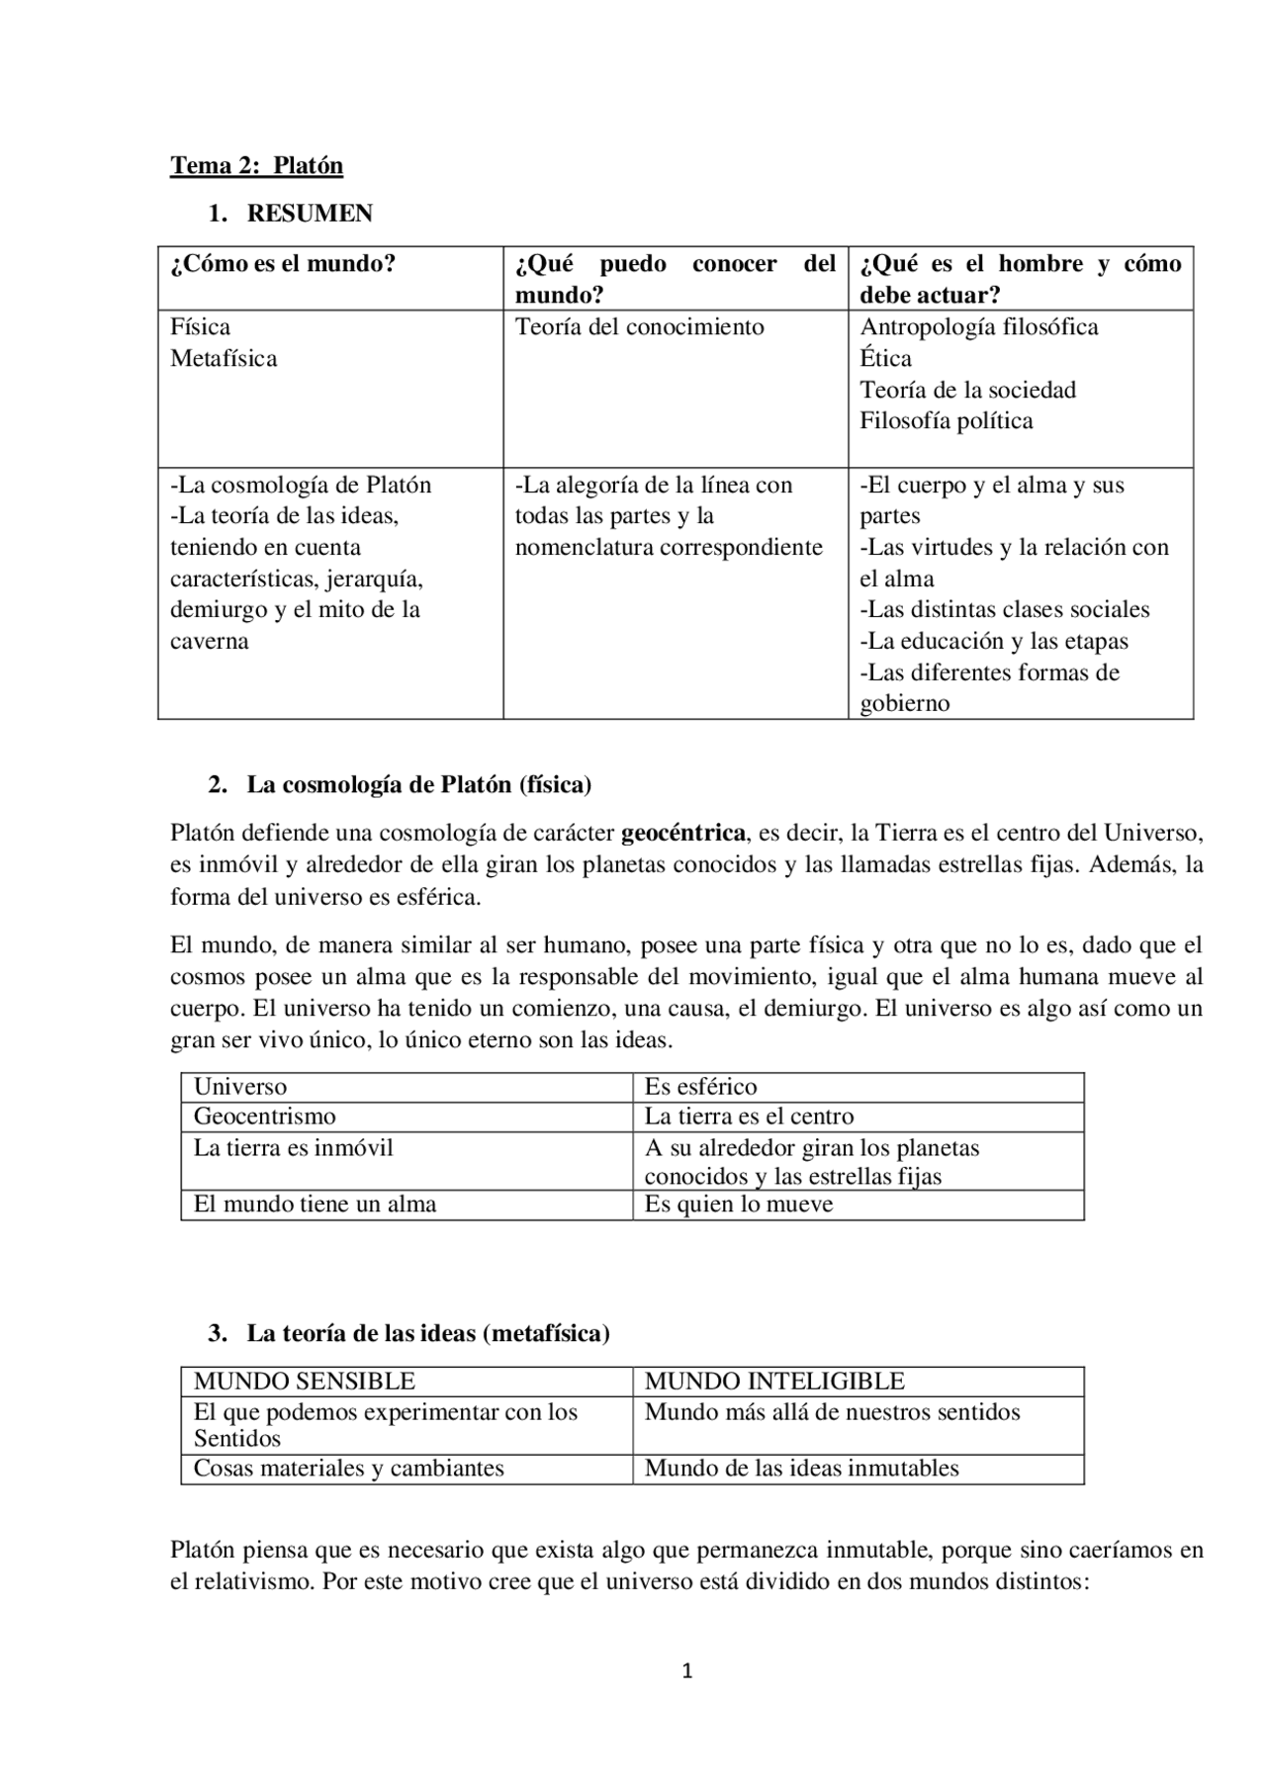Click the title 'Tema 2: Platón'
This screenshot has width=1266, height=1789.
tap(256, 165)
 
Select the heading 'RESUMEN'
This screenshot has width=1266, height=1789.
tap(310, 214)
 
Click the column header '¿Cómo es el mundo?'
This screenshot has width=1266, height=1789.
tap(283, 264)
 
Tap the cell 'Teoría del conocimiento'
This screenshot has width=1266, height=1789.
tap(639, 327)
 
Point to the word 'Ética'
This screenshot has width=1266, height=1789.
tap(885, 359)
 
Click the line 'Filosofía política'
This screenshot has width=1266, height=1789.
tap(946, 421)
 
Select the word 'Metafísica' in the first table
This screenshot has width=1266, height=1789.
tap(224, 359)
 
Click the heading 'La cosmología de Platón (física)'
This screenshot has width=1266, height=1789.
tap(418, 785)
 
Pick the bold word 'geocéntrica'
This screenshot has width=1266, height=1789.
tap(682, 833)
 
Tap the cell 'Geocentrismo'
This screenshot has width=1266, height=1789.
tap(264, 1117)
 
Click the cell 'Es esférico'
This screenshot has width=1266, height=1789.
tap(700, 1087)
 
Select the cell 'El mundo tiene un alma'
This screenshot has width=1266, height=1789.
tap(315, 1205)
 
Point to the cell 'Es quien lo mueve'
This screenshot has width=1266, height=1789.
tap(739, 1205)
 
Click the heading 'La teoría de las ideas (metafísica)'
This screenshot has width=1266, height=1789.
tap(427, 1334)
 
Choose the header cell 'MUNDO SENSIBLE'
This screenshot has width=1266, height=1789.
tap(304, 1382)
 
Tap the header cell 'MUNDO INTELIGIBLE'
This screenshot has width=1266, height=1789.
tap(774, 1382)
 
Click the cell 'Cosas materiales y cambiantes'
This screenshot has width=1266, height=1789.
tap(348, 1469)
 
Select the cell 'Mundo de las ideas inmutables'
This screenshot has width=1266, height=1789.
tap(801, 1469)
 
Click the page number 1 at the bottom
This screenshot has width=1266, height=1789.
tap(687, 1672)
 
